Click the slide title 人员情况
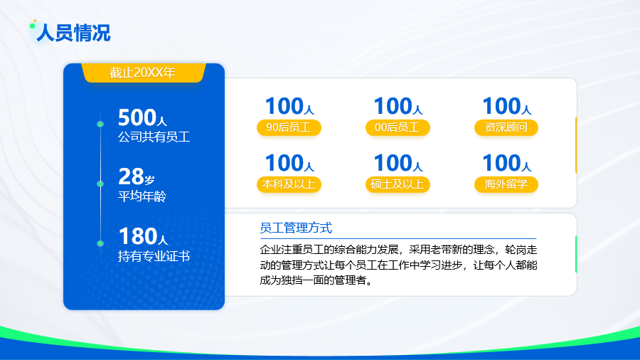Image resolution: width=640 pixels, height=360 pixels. [73, 33]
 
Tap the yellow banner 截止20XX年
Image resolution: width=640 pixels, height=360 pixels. [143, 73]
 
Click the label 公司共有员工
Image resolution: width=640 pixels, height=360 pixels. [154, 137]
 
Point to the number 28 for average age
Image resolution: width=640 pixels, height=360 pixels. [131, 176]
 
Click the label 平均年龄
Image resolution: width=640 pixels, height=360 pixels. [142, 196]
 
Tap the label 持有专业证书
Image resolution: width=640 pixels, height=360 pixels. [154, 256]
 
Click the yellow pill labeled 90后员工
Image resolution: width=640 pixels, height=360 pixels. [289, 127]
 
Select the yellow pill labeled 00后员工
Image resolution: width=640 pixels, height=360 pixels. [398, 127]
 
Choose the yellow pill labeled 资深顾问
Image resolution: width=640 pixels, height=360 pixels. [506, 127]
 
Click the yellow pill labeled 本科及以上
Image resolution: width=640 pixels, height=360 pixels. [289, 184]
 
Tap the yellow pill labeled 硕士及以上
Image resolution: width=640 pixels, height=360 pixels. [398, 184]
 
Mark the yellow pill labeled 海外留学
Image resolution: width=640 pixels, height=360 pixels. [506, 184]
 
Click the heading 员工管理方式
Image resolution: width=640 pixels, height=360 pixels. [296, 228]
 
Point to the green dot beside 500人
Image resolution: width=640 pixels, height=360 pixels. [100, 124]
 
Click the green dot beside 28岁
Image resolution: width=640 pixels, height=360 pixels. [100, 184]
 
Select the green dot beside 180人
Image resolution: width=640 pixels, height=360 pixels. [100, 243]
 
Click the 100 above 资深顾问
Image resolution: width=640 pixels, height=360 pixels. [501, 106]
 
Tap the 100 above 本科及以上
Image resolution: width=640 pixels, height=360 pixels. [284, 163]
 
